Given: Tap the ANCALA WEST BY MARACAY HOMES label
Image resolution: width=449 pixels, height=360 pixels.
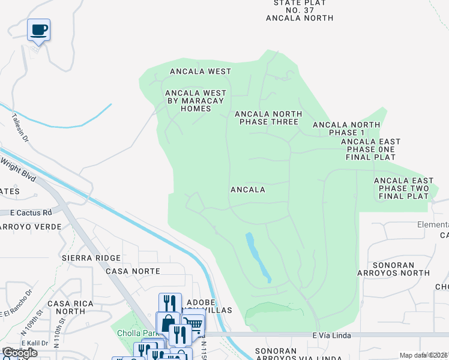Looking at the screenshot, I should click(196, 101).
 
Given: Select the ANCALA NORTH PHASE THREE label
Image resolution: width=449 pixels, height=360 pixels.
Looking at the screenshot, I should click(268, 118).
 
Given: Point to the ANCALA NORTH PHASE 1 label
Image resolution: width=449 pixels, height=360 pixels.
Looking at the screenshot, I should click(346, 128).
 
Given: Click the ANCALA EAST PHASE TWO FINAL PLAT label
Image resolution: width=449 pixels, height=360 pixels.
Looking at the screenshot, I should click(403, 188).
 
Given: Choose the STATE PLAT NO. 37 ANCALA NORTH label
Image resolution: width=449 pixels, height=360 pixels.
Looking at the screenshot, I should click(300, 10).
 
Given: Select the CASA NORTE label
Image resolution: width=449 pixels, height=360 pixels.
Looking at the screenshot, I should click(133, 271).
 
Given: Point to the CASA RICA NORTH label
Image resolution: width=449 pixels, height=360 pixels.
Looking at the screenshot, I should click(70, 307).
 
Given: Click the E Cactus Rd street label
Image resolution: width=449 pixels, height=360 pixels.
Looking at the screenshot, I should click(31, 212).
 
